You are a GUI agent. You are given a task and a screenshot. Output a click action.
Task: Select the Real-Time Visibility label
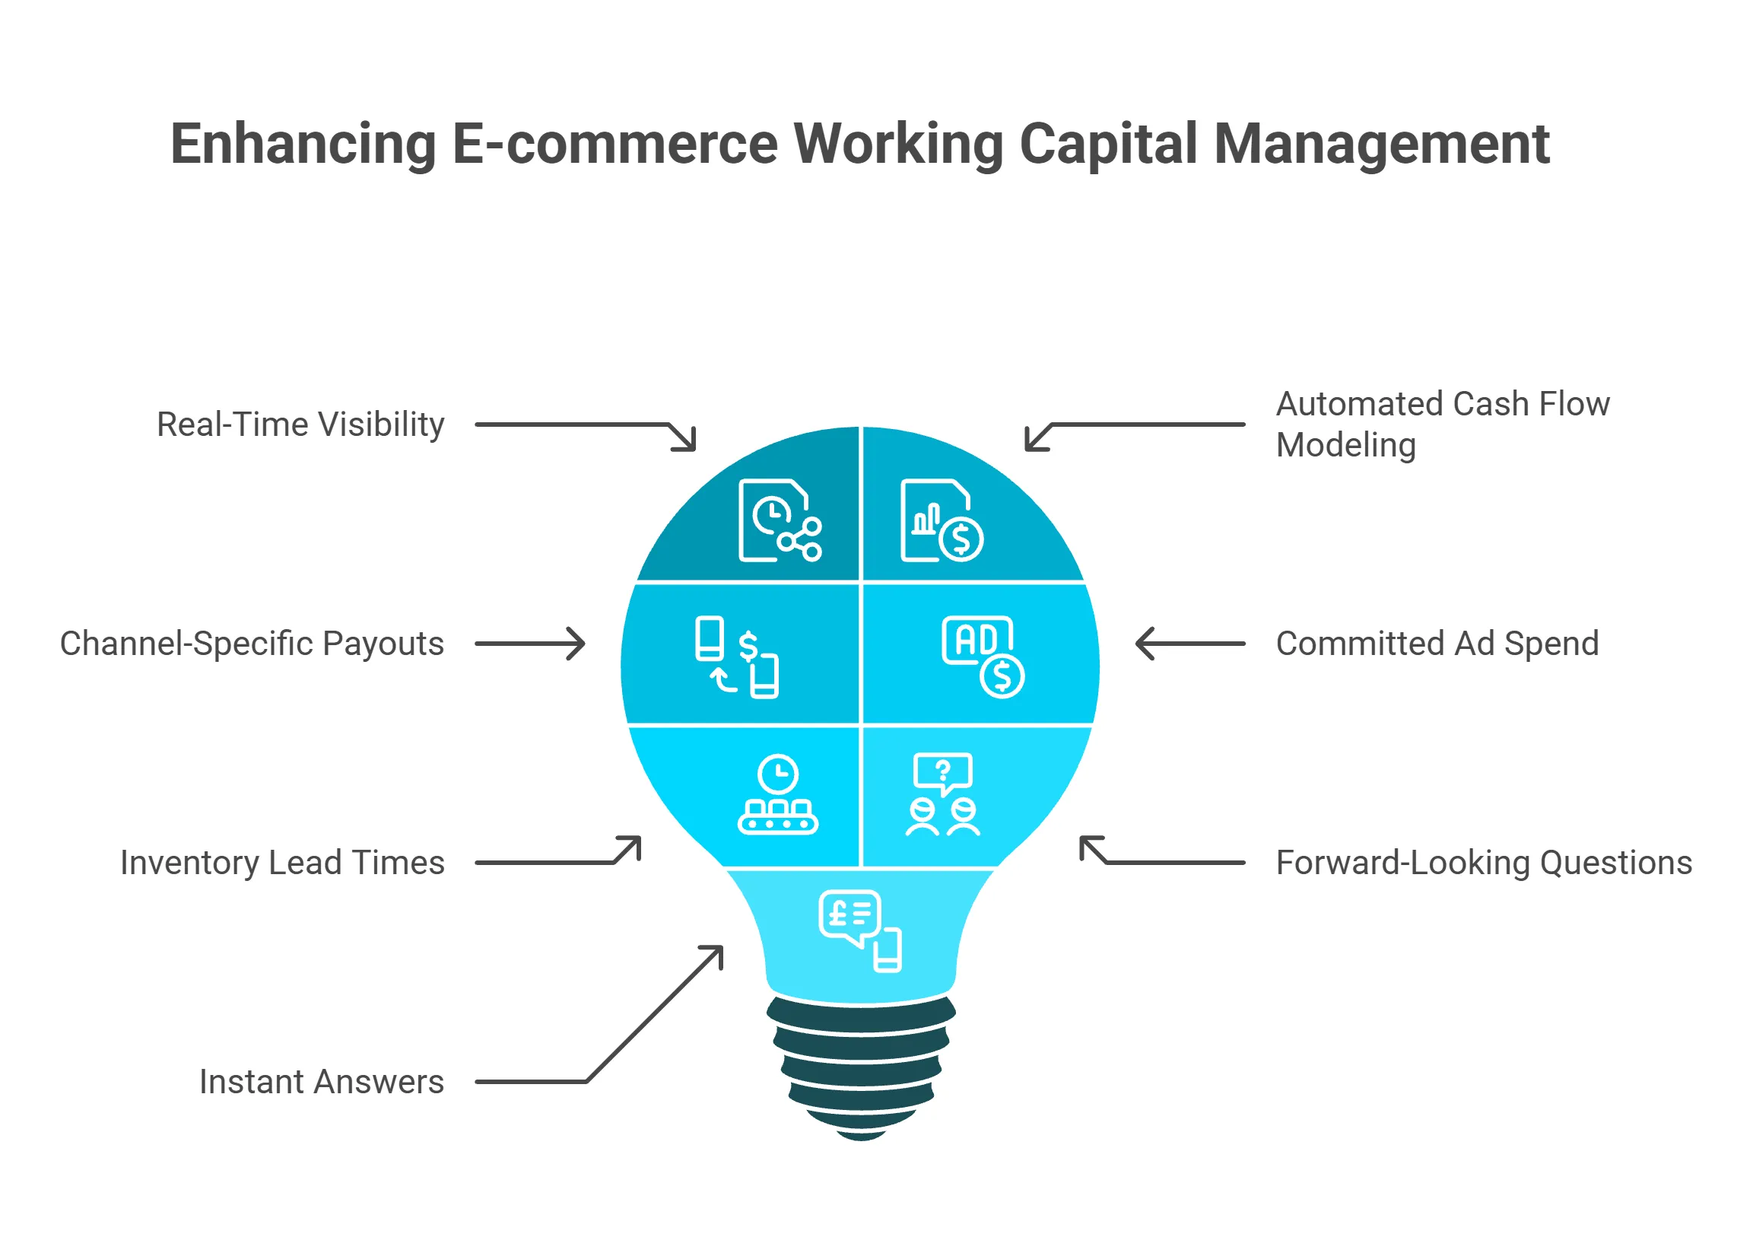point(300,425)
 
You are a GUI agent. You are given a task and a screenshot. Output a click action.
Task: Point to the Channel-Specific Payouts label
point(252,644)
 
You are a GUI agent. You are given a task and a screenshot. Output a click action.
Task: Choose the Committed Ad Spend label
point(1436,644)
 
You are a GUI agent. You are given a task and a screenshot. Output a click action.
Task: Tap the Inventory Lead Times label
point(282,863)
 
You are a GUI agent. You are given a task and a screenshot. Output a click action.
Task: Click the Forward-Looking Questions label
point(1482,863)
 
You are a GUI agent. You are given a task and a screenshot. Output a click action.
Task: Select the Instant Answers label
point(321,1082)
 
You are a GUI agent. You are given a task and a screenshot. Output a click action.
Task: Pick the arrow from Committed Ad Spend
point(1189,644)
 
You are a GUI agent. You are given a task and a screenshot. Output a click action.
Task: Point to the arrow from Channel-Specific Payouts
point(531,644)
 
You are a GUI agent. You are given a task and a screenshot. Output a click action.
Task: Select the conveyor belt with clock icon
point(778,795)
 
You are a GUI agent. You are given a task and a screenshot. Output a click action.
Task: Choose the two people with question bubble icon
point(942,795)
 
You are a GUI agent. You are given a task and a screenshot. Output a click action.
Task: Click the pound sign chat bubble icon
point(859,930)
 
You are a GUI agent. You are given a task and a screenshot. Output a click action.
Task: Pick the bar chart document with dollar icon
point(941,520)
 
